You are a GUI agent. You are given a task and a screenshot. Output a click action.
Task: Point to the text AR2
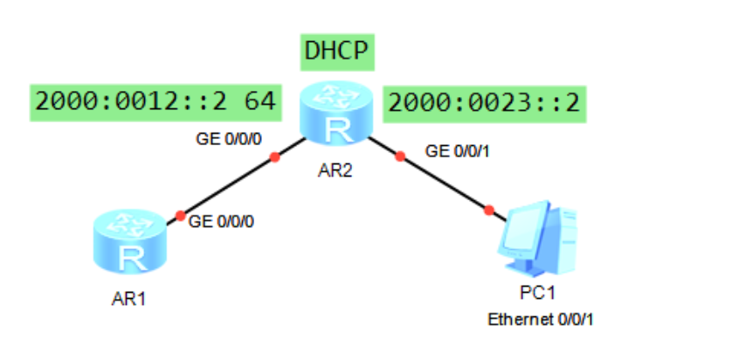click(x=335, y=172)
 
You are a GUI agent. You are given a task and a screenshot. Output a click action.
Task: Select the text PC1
click(x=538, y=292)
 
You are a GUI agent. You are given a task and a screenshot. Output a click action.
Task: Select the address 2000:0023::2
click(x=484, y=103)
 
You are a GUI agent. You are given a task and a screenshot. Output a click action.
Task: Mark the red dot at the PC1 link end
click(x=489, y=210)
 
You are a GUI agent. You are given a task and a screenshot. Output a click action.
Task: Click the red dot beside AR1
click(x=180, y=215)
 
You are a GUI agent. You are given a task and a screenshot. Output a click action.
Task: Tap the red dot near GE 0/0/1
click(x=401, y=157)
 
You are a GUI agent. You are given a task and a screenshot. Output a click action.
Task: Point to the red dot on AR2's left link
click(x=274, y=158)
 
